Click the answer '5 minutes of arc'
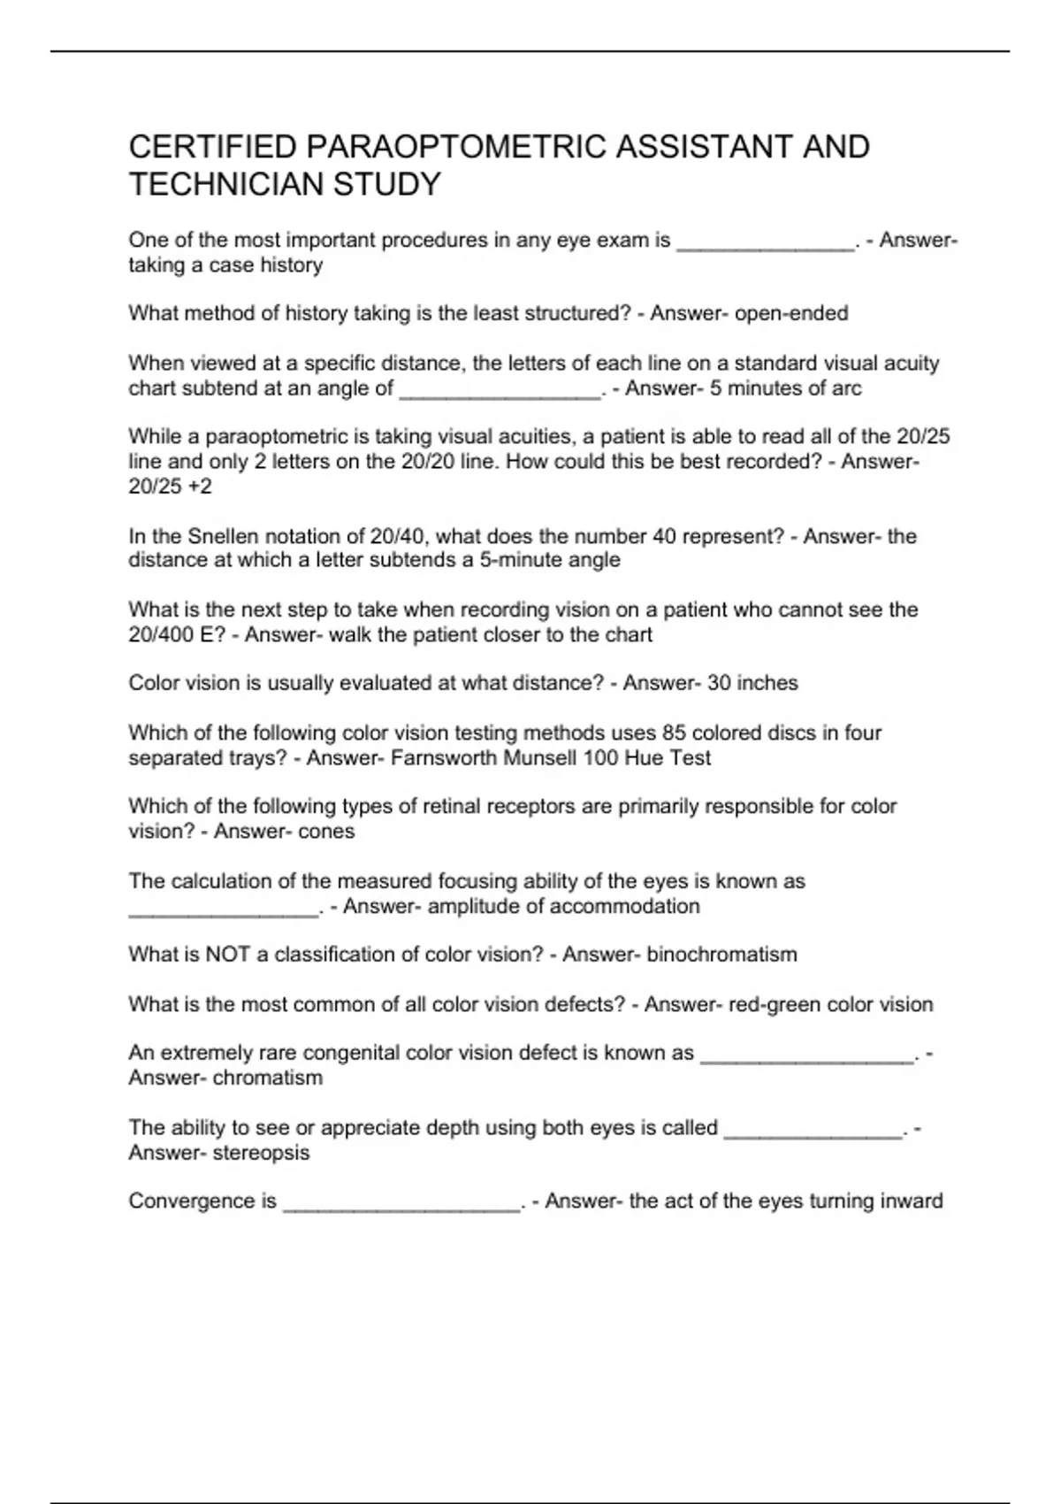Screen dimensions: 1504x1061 [x=785, y=388]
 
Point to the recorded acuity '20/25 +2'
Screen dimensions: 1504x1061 [x=170, y=487]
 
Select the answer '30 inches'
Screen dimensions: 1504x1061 [x=752, y=683]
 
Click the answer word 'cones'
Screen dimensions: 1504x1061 [x=326, y=832]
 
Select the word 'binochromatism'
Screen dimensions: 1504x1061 [x=721, y=955]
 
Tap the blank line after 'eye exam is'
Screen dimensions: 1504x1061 [x=766, y=245]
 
